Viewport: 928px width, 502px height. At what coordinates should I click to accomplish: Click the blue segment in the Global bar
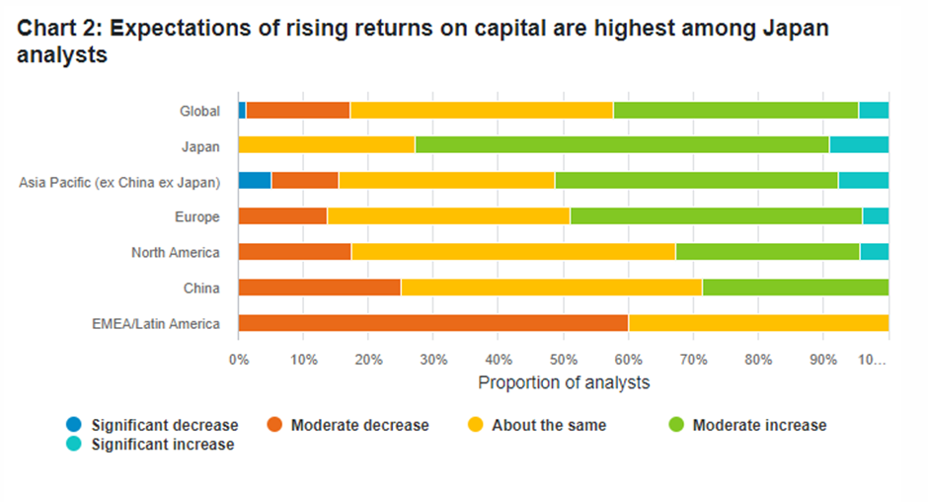tap(242, 111)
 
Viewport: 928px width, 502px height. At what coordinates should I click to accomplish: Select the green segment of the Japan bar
tap(622, 144)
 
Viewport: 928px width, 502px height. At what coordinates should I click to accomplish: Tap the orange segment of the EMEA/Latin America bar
tap(433, 323)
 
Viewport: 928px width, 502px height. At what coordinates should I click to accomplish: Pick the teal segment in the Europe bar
tap(876, 216)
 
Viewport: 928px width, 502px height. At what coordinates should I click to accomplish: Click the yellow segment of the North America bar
tap(513, 252)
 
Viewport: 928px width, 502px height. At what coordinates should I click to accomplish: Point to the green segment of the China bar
tap(796, 288)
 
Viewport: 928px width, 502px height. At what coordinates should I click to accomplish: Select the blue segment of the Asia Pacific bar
tap(255, 180)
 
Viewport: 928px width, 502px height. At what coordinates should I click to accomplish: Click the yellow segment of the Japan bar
tap(327, 144)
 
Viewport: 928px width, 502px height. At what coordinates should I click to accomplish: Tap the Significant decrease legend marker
tap(74, 424)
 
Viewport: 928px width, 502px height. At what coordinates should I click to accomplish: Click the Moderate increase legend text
tap(759, 425)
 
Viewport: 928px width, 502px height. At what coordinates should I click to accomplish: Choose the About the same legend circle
tap(475, 424)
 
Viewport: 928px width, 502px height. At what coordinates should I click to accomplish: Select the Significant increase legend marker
tap(74, 444)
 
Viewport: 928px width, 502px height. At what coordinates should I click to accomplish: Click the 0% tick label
tap(239, 359)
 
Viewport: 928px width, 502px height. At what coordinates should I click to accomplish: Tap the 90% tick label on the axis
tap(823, 359)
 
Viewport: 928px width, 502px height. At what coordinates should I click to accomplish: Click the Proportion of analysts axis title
tap(564, 382)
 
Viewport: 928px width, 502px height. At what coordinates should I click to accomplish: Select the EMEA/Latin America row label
tap(156, 323)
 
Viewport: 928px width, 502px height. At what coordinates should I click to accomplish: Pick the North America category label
tap(175, 252)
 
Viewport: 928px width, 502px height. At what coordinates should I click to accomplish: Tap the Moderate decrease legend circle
tap(274, 424)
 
